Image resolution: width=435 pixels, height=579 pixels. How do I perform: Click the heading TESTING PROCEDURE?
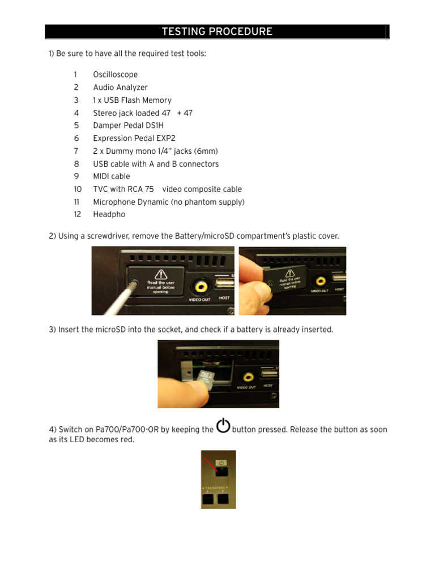point(217,32)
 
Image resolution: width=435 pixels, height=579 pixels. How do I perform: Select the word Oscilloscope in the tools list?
point(115,75)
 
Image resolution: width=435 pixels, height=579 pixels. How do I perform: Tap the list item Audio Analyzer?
point(120,88)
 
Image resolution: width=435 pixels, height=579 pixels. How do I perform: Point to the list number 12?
point(77,215)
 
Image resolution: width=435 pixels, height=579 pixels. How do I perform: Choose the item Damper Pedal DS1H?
point(128,126)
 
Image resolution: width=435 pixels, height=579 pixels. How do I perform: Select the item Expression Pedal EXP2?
point(131,139)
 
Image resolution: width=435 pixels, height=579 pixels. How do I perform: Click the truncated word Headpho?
point(109,215)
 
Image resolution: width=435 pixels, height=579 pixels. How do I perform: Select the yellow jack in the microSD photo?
point(247,376)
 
